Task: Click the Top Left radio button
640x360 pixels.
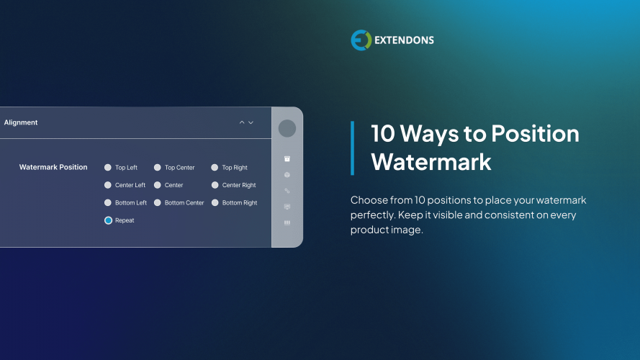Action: (x=108, y=168)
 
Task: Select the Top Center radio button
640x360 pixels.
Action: (x=158, y=168)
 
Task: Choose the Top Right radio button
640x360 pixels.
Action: (x=215, y=168)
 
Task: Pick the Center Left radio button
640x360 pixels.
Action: (x=108, y=185)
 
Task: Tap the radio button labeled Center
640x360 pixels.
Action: (x=158, y=185)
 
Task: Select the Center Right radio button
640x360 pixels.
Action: (x=215, y=185)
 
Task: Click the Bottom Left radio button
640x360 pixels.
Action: (x=108, y=203)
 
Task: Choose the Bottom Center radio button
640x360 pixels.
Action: (x=158, y=203)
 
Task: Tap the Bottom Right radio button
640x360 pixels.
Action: (x=215, y=203)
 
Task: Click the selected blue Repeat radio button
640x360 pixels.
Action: (x=108, y=220)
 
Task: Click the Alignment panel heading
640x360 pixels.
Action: (x=21, y=122)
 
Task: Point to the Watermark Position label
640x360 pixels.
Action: (x=53, y=167)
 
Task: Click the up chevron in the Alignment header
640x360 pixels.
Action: (x=242, y=122)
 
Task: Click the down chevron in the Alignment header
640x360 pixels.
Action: (x=251, y=122)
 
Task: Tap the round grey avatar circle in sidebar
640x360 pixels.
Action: (x=287, y=128)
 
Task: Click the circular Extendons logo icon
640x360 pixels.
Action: (x=361, y=40)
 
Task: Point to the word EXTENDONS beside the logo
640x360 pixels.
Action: (x=404, y=40)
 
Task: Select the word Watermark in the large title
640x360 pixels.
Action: (x=431, y=161)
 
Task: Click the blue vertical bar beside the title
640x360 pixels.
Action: (x=352, y=148)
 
